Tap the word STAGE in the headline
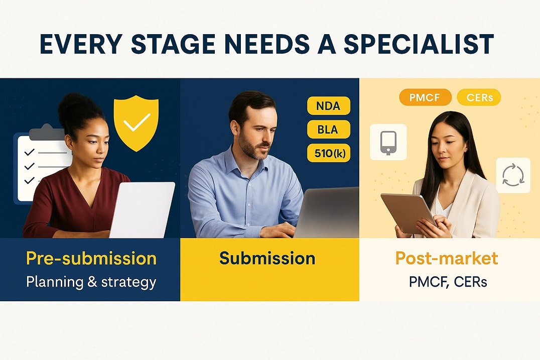[165, 44]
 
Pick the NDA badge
[328, 106]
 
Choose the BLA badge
[328, 130]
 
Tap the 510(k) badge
[328, 153]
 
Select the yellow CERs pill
[479, 97]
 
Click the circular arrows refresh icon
[513, 175]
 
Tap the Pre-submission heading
[91, 259]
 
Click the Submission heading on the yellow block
[267, 259]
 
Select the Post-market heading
[447, 259]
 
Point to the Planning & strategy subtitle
[91, 282]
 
